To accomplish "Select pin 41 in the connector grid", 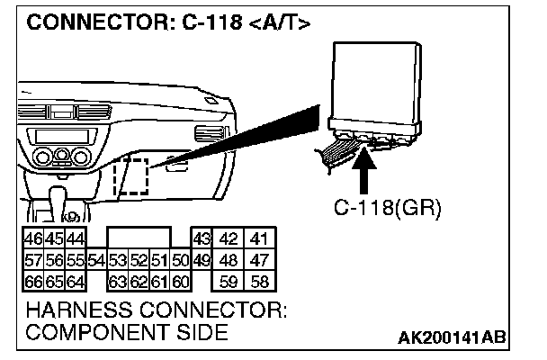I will (261, 239).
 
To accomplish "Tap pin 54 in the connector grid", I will (97, 260).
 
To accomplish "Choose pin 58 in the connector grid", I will (261, 280).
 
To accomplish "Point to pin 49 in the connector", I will (202, 260).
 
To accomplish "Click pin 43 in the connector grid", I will (202, 239).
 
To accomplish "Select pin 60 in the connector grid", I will (179, 280).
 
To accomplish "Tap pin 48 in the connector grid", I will (230, 260).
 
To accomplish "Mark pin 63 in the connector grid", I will (117, 280).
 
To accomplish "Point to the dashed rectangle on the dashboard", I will (133, 175).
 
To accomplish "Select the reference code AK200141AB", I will (452, 337).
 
